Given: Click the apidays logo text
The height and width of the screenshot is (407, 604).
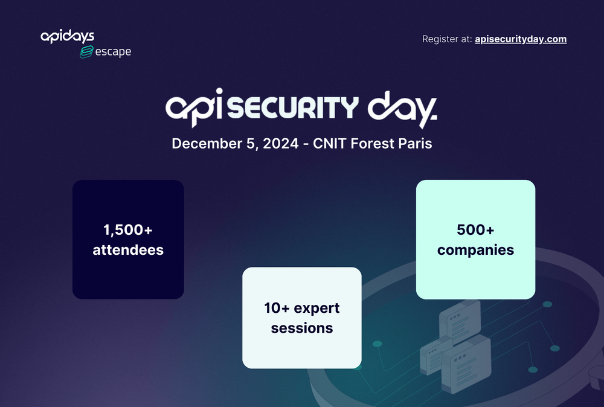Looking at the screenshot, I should point(67,37).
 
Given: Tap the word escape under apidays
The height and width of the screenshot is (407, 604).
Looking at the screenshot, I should point(113,52).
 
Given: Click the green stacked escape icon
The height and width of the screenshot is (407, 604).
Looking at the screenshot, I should point(87,53).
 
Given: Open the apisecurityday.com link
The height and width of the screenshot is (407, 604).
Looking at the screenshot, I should point(521,39).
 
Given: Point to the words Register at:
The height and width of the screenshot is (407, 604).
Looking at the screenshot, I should point(446,39).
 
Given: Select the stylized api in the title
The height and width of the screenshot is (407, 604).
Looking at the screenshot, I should point(196,109).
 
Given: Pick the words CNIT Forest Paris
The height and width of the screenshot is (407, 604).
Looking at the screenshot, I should point(372,144).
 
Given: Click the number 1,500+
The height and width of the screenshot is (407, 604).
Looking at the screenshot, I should point(128,230).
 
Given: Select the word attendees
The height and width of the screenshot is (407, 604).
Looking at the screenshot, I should point(128,249).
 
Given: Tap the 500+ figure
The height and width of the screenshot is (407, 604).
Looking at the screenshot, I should point(475,230).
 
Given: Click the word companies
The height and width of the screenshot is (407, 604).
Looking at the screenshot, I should point(475,249).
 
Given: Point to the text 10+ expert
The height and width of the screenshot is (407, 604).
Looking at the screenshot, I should point(301,308).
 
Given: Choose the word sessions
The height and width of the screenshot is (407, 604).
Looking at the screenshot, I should point(301,328).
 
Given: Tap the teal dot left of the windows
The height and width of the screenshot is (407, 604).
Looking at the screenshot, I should point(377,344).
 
